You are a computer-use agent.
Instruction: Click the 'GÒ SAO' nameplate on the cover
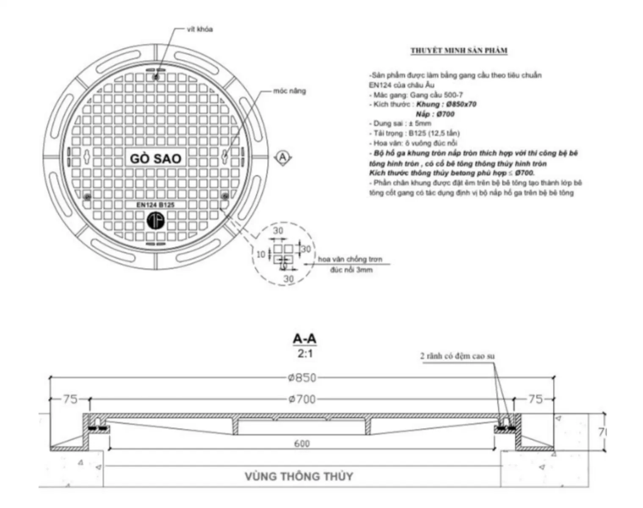pos(155,158)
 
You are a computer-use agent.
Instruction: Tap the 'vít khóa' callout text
pos(200,29)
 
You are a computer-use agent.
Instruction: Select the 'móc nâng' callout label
pos(289,91)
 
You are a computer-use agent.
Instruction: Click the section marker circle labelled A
pos(283,158)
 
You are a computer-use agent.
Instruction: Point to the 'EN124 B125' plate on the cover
pos(155,205)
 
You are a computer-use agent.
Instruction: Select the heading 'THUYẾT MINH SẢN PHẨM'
pos(459,51)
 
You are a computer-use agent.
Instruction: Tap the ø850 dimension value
pos(302,378)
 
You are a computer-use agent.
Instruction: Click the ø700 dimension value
pos(302,399)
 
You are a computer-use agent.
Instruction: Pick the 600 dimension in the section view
pos(302,443)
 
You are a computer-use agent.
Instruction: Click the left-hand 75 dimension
pos(70,399)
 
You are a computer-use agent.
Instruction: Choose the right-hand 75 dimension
pos(535,399)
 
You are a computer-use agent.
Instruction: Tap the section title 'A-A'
pos(304,339)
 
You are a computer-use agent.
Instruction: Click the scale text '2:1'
pos(305,353)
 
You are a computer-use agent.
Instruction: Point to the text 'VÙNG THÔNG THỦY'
pos(299,476)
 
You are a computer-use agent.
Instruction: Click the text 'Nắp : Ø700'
pos(435,114)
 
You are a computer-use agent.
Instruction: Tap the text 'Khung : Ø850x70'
pos(446,104)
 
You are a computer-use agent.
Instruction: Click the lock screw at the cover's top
pos(156,77)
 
